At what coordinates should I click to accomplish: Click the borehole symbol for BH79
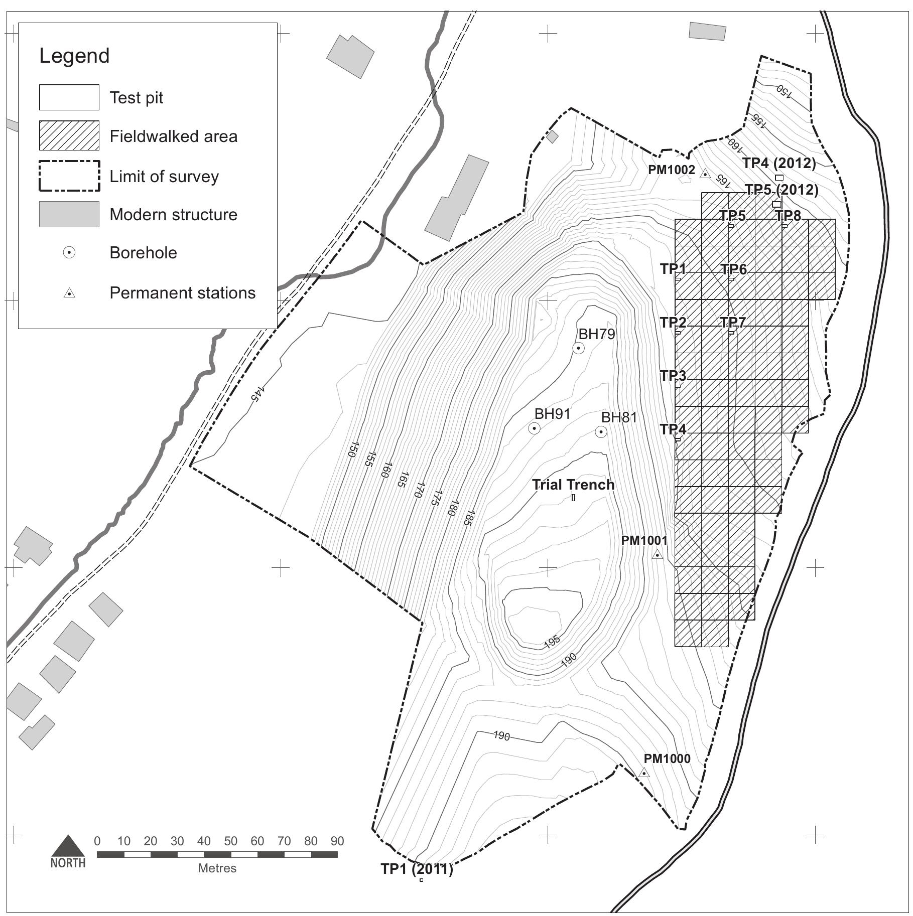578,348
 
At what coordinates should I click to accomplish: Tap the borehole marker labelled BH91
534,428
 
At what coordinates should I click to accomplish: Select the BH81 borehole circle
601,432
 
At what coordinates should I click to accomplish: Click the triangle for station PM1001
657,555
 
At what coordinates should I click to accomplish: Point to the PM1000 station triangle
644,773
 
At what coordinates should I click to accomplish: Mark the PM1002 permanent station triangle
705,174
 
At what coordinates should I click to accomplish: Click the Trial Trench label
573,485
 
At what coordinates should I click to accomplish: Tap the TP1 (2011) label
417,868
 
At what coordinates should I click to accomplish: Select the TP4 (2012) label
779,163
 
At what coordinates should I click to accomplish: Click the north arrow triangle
68,846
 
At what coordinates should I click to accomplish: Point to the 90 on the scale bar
337,841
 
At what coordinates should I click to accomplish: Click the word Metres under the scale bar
217,868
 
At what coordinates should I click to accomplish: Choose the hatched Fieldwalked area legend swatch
69,135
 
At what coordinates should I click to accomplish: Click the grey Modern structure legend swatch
69,214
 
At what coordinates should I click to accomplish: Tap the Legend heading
74,56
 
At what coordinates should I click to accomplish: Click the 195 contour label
552,642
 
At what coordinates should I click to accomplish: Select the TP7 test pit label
733,322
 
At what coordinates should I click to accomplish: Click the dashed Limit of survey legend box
69,176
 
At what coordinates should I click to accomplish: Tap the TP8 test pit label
788,216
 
